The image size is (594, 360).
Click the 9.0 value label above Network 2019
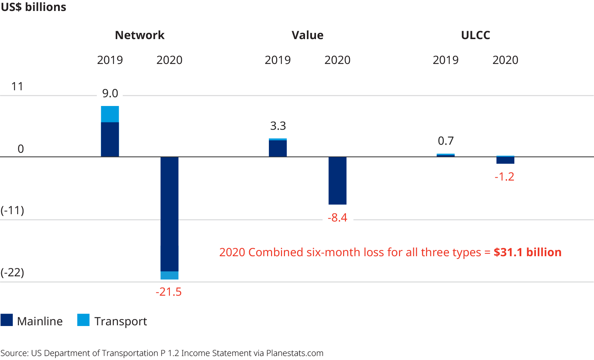[110, 94]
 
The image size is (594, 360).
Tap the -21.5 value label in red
[168, 292]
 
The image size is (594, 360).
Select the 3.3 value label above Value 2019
[278, 126]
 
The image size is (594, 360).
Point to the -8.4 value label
[337, 218]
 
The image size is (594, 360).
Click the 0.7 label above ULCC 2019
[446, 141]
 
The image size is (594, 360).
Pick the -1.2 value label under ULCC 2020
[504, 177]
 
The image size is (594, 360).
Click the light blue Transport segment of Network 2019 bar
[110, 114]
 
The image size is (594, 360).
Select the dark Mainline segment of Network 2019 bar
[110, 139]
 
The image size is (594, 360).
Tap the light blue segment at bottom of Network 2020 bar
[170, 275]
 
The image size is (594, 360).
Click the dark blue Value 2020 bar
[338, 181]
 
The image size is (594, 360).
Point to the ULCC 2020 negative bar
[505, 160]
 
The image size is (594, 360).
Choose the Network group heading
[140, 35]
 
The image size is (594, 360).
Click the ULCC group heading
[475, 35]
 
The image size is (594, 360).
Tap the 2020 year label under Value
[337, 60]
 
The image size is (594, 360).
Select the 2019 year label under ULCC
[445, 60]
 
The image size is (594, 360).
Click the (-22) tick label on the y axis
[12, 272]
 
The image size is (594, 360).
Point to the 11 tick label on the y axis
[17, 87]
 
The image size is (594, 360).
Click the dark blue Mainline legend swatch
[7, 320]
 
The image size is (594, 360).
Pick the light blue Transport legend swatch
[83, 320]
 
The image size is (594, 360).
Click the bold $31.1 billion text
[527, 252]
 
